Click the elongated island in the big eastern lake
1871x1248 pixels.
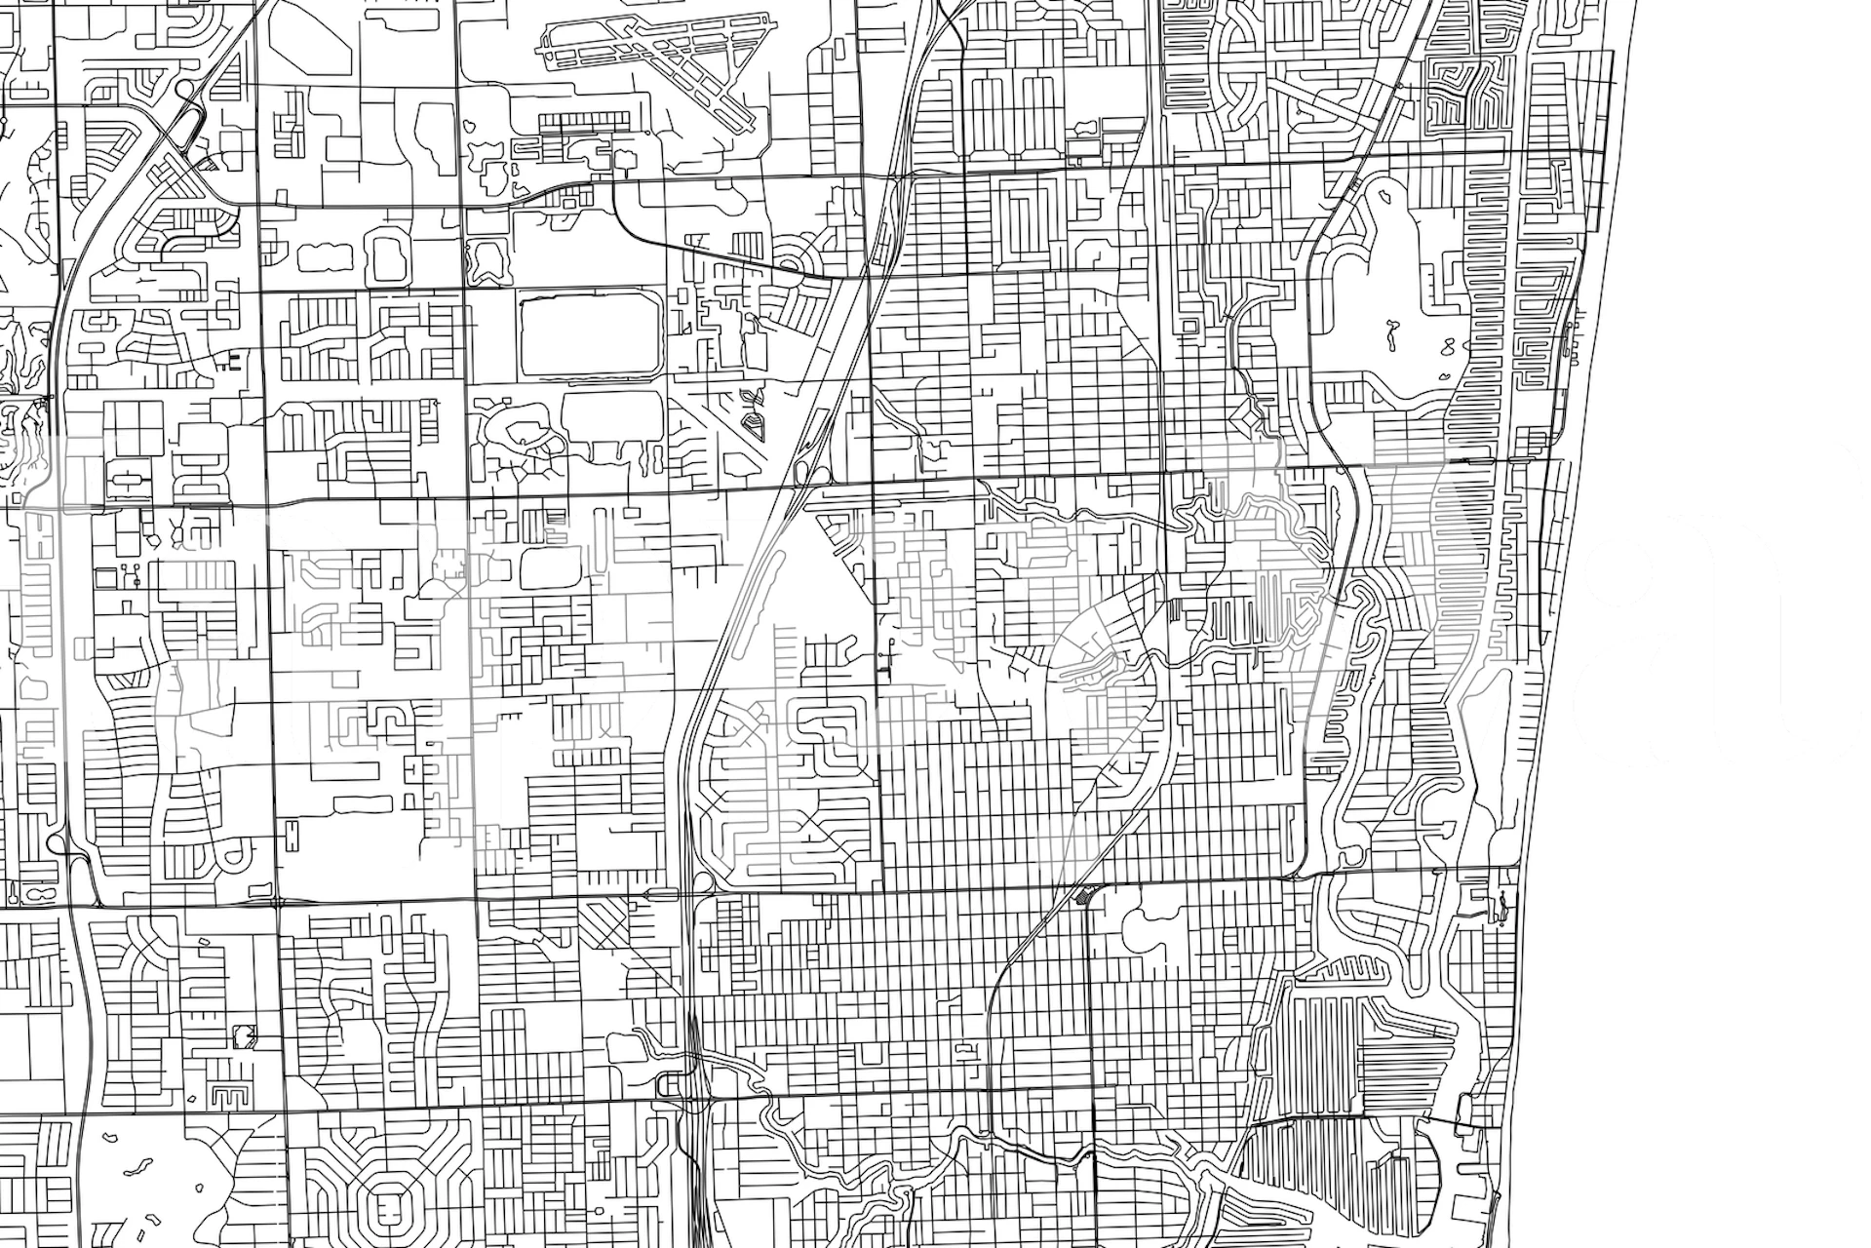pos(1388,336)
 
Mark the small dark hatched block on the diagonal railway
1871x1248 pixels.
pos(1081,895)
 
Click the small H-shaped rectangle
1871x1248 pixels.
pos(292,834)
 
